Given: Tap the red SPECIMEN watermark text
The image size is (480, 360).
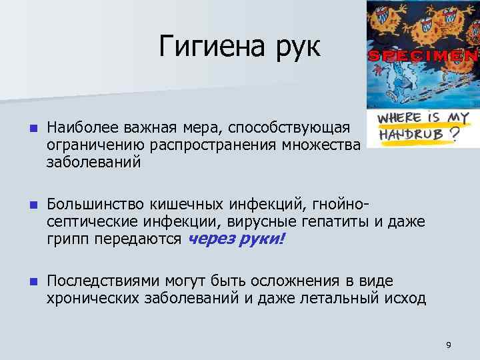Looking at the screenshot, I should [x=423, y=56].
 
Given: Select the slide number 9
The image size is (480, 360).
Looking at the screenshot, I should [x=449, y=345].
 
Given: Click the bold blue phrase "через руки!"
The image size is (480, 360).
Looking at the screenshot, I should [x=236, y=240].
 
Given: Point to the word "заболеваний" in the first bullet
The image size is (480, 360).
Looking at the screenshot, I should [x=93, y=162].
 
